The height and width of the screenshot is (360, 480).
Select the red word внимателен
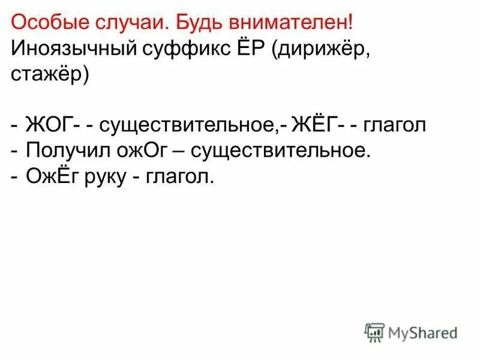click(x=287, y=23)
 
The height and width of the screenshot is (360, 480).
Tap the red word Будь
click(x=194, y=23)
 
